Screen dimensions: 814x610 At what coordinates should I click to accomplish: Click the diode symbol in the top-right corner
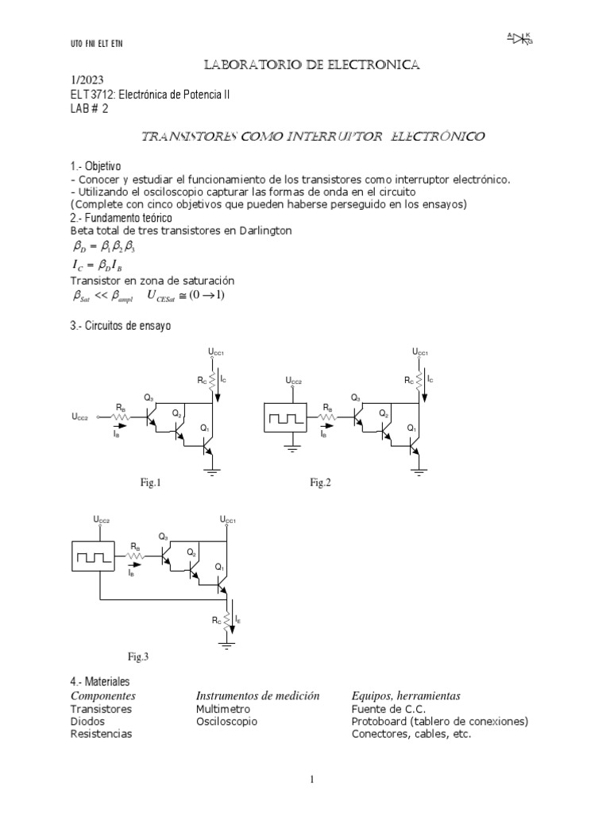coord(520,37)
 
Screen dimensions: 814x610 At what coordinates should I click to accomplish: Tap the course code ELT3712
coord(93,95)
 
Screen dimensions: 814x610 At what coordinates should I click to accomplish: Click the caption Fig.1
coord(151,483)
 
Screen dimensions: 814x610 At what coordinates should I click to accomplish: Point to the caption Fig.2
coord(320,483)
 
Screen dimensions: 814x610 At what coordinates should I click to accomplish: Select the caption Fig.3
coord(138,657)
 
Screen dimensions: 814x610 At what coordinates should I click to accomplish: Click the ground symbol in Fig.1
coord(212,473)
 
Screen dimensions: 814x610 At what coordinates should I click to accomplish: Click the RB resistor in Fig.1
coord(118,416)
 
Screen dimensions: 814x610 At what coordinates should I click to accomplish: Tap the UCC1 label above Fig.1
coord(217,352)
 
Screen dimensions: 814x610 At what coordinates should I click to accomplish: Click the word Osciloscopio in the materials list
coord(226,721)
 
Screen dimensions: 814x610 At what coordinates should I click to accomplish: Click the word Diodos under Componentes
coord(90,721)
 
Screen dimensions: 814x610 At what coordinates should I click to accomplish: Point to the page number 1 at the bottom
coord(313,780)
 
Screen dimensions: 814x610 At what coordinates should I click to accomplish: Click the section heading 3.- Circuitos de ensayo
coord(121,326)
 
